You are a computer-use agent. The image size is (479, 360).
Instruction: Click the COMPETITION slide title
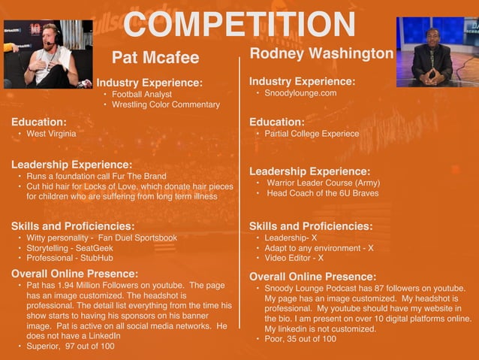239,25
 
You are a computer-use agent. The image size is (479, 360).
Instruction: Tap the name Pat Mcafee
155,58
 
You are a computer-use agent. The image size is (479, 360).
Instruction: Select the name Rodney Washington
321,53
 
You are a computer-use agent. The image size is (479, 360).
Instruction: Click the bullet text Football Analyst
142,95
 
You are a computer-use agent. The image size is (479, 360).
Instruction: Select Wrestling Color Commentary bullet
166,105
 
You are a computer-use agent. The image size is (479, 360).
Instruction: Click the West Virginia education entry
51,134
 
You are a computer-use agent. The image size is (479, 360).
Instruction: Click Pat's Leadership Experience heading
72,165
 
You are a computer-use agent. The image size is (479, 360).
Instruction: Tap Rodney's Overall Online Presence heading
312,277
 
